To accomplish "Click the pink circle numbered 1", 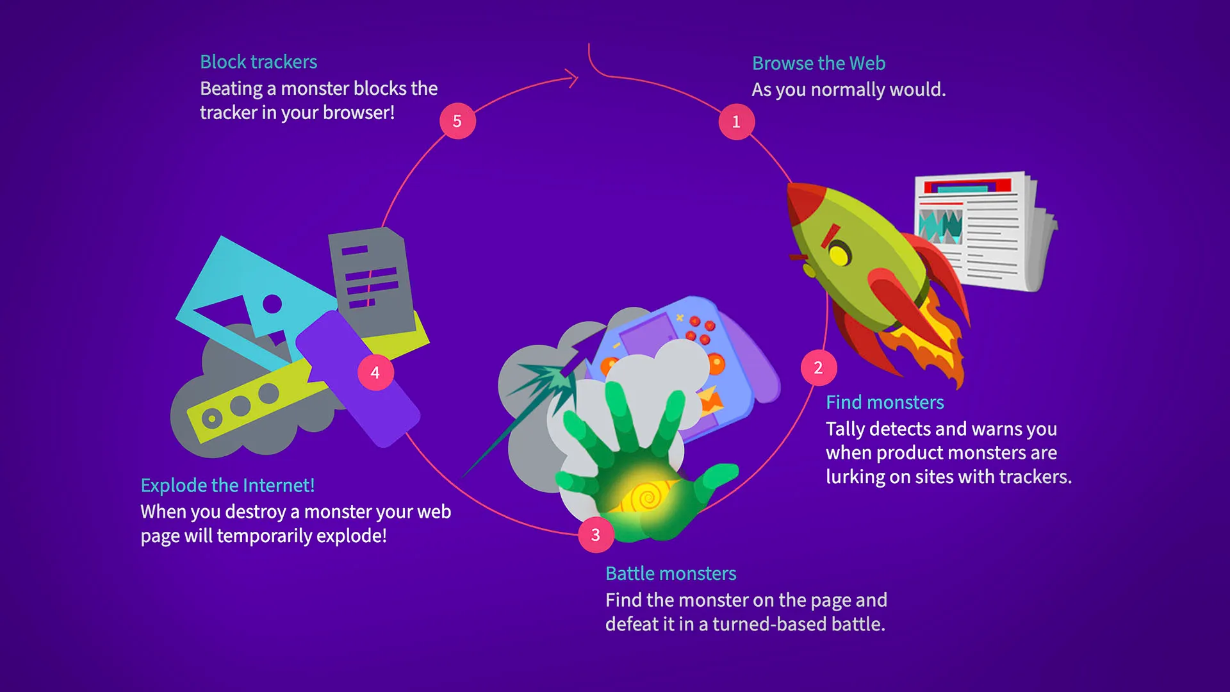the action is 736,122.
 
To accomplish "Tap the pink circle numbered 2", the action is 818,368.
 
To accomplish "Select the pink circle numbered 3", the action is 596,534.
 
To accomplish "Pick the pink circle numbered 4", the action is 375,372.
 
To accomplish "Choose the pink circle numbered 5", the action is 457,121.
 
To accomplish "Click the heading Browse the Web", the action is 819,63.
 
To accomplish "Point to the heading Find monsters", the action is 885,402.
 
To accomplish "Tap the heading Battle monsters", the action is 671,573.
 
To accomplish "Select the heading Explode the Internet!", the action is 227,486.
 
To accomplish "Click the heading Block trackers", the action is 259,62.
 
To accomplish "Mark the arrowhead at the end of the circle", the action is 571,79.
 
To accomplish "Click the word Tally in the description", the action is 845,429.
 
